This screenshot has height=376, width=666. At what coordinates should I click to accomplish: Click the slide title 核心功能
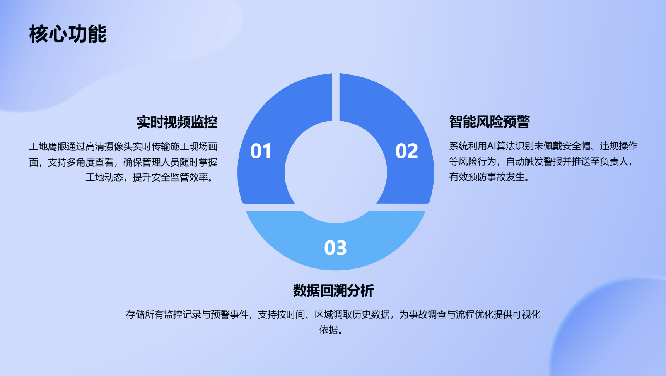(68, 34)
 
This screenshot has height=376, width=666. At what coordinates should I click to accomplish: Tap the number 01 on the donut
(261, 151)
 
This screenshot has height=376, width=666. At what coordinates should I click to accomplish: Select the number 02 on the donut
(406, 151)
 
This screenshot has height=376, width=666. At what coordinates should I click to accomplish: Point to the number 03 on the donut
(335, 248)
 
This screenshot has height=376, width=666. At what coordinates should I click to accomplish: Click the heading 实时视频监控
(177, 122)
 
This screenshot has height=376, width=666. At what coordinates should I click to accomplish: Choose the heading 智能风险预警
(489, 122)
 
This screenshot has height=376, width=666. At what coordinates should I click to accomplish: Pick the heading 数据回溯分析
(333, 290)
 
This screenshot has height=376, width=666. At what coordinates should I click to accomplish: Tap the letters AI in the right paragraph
(491, 146)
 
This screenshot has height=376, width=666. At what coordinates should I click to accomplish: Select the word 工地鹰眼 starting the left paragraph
(48, 146)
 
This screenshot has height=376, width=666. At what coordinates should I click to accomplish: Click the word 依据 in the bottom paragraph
(328, 330)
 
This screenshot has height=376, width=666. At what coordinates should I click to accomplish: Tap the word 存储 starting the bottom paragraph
(135, 314)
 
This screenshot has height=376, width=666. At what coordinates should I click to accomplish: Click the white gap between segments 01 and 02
(336, 97)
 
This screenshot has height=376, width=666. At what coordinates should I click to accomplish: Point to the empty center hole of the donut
(336, 172)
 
